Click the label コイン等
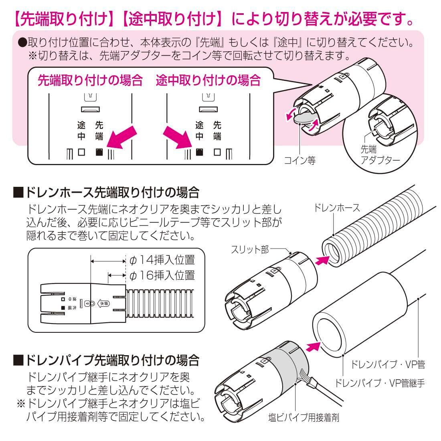coord(300,161)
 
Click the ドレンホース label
coord(335,208)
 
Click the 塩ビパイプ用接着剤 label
coord(304,418)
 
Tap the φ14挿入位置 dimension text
coord(162,260)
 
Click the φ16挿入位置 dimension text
coord(162,275)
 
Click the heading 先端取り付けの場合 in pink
coord(90,81)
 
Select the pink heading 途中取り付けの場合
coord(208,81)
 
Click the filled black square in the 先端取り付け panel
coord(99,152)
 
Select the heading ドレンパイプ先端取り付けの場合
coord(106,360)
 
